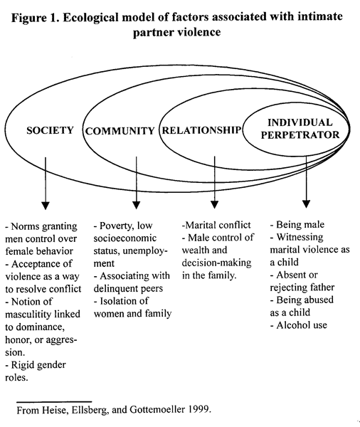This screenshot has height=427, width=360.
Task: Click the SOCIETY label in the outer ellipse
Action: coord(50,130)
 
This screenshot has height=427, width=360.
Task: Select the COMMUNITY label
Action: coord(120,131)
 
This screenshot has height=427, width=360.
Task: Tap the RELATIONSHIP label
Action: coord(201,130)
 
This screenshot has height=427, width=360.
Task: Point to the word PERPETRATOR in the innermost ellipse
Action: coord(300,135)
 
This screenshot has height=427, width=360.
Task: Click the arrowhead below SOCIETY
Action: coord(46,206)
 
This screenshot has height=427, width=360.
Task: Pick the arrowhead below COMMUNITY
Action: coord(136,205)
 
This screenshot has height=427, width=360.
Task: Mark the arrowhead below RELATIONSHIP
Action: coord(215,204)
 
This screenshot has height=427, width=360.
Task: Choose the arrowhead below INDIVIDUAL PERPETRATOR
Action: coord(307,204)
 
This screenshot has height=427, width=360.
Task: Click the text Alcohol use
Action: coord(302,325)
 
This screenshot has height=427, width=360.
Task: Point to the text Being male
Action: coord(300,225)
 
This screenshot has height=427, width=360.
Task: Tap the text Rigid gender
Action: coord(38,365)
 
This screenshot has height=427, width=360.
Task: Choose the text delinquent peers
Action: coord(128,289)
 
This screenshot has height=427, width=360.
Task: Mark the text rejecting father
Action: coord(302,288)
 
